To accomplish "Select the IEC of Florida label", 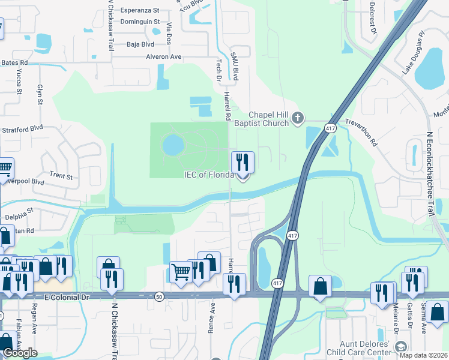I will (x=208, y=175).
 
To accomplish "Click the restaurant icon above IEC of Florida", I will (x=243, y=161).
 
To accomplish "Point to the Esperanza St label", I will (x=139, y=10).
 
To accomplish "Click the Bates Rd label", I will (x=14, y=62).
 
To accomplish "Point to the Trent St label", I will (x=61, y=176).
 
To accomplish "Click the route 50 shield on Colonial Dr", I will (x=159, y=296).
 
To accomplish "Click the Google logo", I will (x=20, y=353).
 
